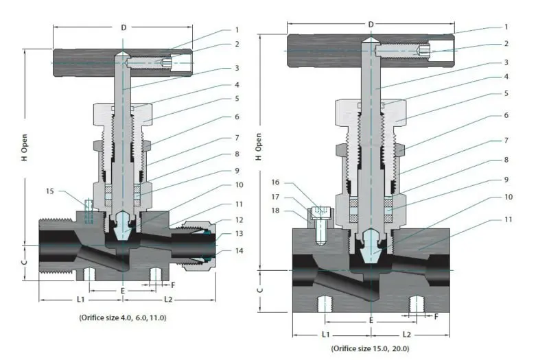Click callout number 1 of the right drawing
click(x=506, y=27)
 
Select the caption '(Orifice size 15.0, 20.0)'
click(x=370, y=348)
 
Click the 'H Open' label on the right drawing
click(x=259, y=146)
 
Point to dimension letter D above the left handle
click(x=124, y=27)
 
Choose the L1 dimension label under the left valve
click(x=80, y=300)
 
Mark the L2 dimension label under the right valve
click(x=406, y=334)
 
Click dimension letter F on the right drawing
click(x=436, y=316)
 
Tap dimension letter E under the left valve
click(x=123, y=290)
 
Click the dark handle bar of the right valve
click(x=323, y=51)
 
